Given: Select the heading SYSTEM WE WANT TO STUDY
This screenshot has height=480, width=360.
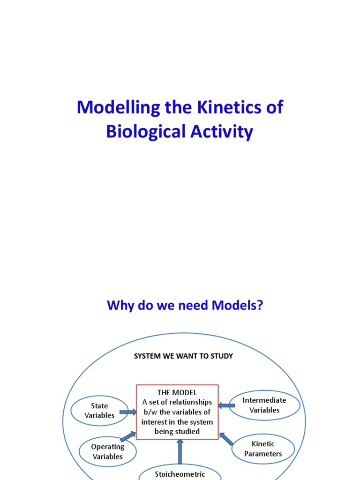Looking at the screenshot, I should [183, 356].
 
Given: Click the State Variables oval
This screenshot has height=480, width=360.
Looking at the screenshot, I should [99, 411].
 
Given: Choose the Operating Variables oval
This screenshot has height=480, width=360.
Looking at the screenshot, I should [107, 452].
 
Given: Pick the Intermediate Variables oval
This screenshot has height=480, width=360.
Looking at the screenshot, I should [264, 405].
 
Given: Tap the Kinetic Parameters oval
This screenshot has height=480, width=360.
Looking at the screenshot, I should [263, 449].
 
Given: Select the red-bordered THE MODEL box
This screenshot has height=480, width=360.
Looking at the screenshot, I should [177, 412].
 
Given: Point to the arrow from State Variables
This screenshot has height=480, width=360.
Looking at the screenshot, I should [127, 412].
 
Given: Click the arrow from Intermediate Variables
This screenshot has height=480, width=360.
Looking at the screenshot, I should [227, 405].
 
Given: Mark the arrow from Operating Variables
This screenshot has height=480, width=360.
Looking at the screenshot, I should [127, 437].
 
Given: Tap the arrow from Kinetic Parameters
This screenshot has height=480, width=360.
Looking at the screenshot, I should [226, 439].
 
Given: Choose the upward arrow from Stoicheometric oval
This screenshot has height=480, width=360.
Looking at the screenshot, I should [180, 450].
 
